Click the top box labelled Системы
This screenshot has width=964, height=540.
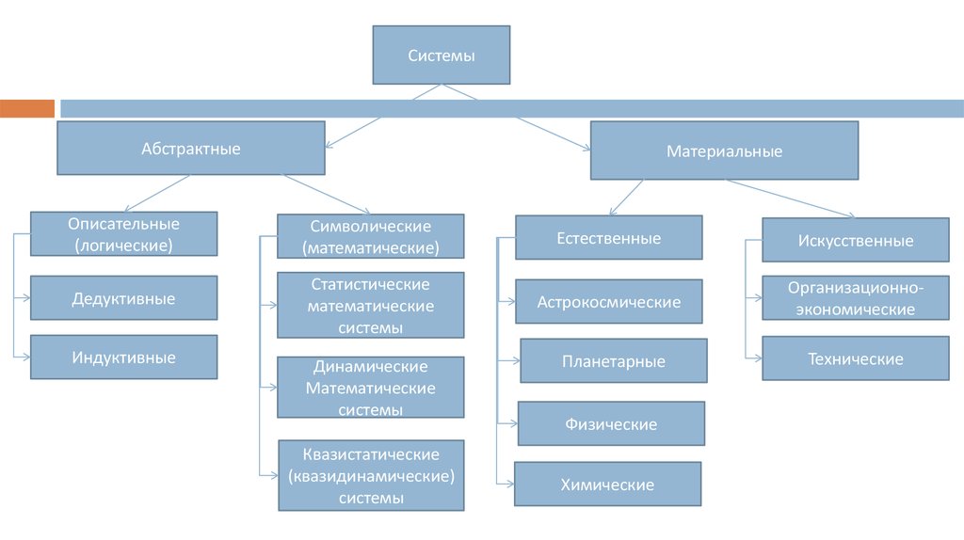442,56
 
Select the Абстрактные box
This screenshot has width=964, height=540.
191,148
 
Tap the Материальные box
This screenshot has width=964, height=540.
724,151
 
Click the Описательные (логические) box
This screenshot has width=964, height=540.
124,234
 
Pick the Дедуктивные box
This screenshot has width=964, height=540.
124,299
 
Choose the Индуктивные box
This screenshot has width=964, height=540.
124,357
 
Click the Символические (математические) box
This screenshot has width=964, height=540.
371,237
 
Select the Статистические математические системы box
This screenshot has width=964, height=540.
371,306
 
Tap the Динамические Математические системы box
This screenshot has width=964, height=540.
371,388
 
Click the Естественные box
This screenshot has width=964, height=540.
609,238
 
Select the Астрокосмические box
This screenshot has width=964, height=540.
609,302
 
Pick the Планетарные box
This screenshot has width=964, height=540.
614,361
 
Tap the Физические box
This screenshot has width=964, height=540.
611,424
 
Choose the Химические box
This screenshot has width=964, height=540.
607,484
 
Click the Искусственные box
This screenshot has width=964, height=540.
856,240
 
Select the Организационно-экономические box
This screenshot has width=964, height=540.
856,298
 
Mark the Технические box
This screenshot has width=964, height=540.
856,358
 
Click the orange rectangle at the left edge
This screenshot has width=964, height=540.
27,108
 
